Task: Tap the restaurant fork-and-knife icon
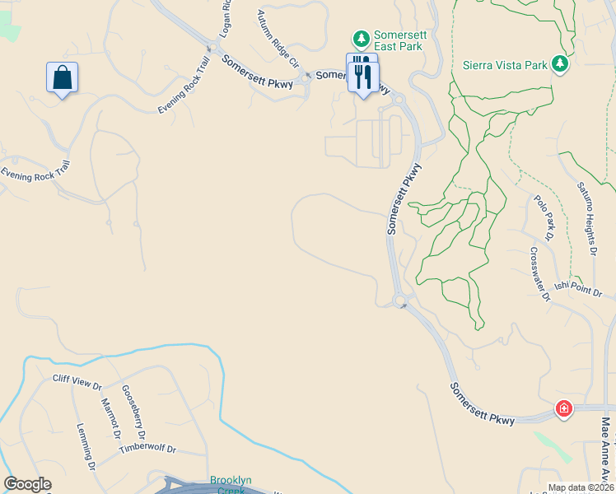coord(363,77)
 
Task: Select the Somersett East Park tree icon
coord(361,39)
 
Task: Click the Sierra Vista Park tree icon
coord(560,63)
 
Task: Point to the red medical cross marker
coord(563,408)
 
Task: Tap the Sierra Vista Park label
coord(505,63)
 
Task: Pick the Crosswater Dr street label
coord(539,275)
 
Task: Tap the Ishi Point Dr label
coord(574,286)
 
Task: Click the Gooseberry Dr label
coord(134,412)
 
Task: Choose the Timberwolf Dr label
coord(147,449)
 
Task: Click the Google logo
coord(27,484)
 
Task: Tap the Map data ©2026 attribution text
coord(581,487)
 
